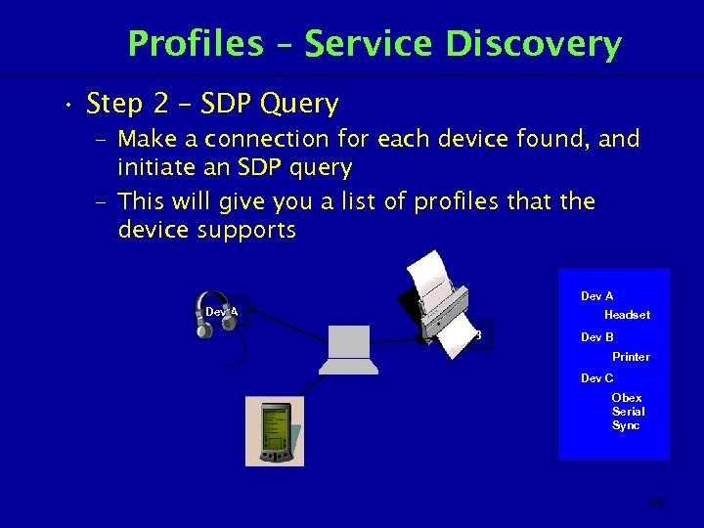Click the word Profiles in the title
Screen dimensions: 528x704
coord(195,45)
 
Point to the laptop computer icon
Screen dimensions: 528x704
coord(348,350)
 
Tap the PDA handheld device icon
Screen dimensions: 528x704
coord(274,431)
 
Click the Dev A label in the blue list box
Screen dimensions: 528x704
coord(596,296)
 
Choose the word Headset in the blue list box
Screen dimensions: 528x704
coord(627,315)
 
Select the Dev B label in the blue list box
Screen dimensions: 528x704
coord(596,337)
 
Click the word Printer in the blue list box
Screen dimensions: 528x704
coord(631,357)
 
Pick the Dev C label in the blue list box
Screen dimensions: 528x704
coord(596,378)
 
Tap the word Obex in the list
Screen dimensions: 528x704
coord(627,398)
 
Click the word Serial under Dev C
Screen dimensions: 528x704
coord(628,412)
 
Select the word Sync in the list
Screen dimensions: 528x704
coord(626,425)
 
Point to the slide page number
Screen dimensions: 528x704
coord(656,504)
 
